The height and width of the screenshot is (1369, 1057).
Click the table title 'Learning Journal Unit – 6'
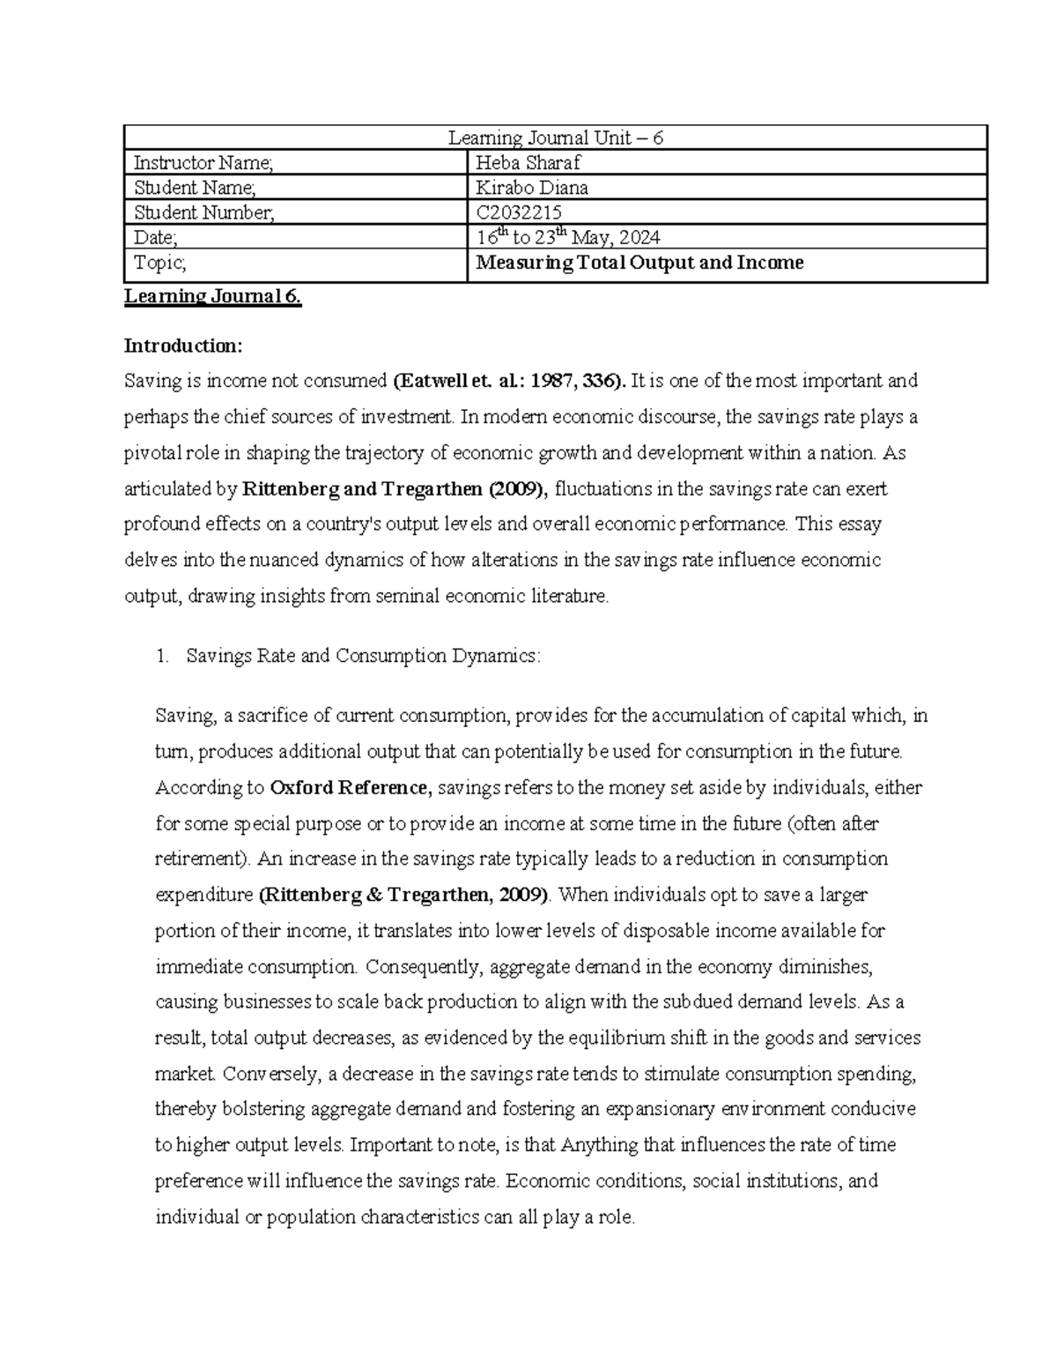[555, 138]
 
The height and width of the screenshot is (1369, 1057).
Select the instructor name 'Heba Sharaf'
[528, 163]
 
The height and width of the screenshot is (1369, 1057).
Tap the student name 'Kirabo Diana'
[532, 188]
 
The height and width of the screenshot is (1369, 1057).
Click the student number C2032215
[519, 212]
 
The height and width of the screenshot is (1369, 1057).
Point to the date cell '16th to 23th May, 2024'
[567, 237]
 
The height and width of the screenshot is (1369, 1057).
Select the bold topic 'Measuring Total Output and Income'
[639, 263]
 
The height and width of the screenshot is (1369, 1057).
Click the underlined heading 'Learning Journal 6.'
[213, 296]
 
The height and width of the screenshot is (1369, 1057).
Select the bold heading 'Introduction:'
[182, 345]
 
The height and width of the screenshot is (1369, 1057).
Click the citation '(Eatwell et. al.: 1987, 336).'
[511, 381]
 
